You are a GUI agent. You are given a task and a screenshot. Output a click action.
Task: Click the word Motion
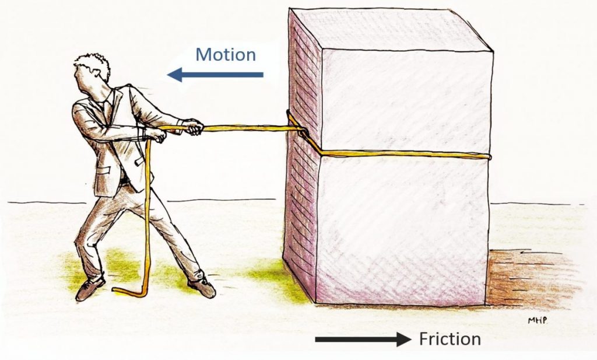(225, 55)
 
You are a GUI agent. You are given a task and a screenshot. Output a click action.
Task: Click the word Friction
(450, 339)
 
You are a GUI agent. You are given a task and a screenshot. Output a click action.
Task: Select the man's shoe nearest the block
(202, 286)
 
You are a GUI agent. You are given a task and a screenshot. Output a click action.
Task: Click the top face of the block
(391, 29)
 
